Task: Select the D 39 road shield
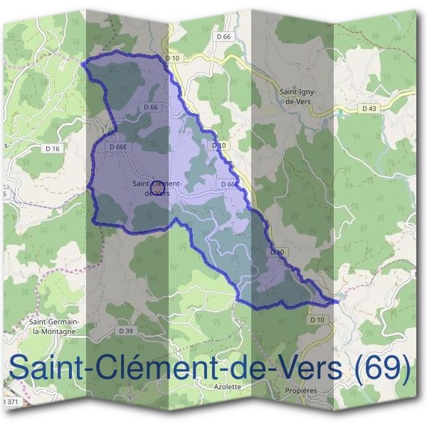pos(126,332)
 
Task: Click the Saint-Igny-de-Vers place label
pos(297,97)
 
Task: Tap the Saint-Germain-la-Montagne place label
pos(54,325)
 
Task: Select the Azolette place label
pos(228,387)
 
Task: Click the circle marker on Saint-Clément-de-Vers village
pos(159,187)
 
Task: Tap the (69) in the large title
pos(383,369)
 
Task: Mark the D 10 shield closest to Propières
pos(317,320)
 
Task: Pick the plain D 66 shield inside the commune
pos(149,107)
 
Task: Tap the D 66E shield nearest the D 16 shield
pos(118,147)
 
